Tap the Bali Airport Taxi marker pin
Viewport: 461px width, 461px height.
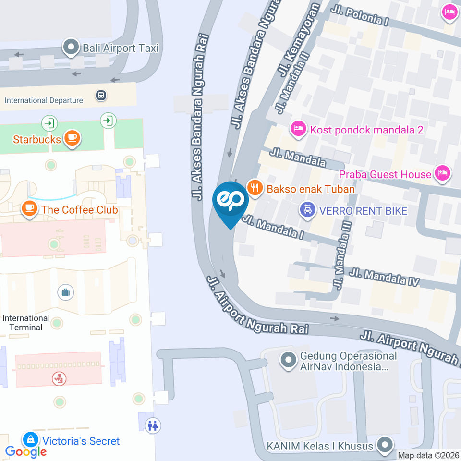(72, 48)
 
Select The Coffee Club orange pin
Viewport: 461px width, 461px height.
(30, 209)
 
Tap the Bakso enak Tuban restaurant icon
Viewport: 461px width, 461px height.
(255, 188)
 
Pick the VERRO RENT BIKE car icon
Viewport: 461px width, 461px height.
(307, 210)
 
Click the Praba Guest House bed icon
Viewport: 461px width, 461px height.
(442, 173)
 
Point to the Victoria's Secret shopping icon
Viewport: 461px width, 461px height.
(31, 439)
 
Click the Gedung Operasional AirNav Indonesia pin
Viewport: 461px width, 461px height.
(288, 360)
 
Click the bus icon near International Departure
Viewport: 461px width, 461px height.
(101, 95)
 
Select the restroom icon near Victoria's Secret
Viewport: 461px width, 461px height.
(154, 425)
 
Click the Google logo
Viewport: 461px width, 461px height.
(26, 451)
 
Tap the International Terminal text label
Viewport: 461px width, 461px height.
(26, 323)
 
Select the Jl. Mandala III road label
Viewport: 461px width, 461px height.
(344, 255)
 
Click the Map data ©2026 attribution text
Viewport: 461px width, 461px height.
(429, 455)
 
